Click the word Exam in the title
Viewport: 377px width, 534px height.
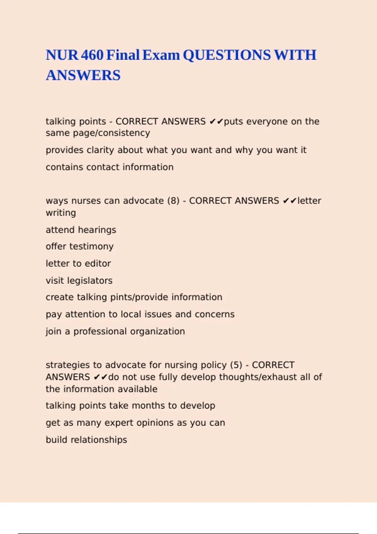[x=161, y=55]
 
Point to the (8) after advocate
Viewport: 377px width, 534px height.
[x=173, y=201]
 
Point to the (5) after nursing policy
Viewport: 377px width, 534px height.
[x=236, y=365]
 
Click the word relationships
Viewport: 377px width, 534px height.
[x=99, y=440]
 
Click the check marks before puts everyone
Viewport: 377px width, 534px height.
[x=216, y=122]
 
